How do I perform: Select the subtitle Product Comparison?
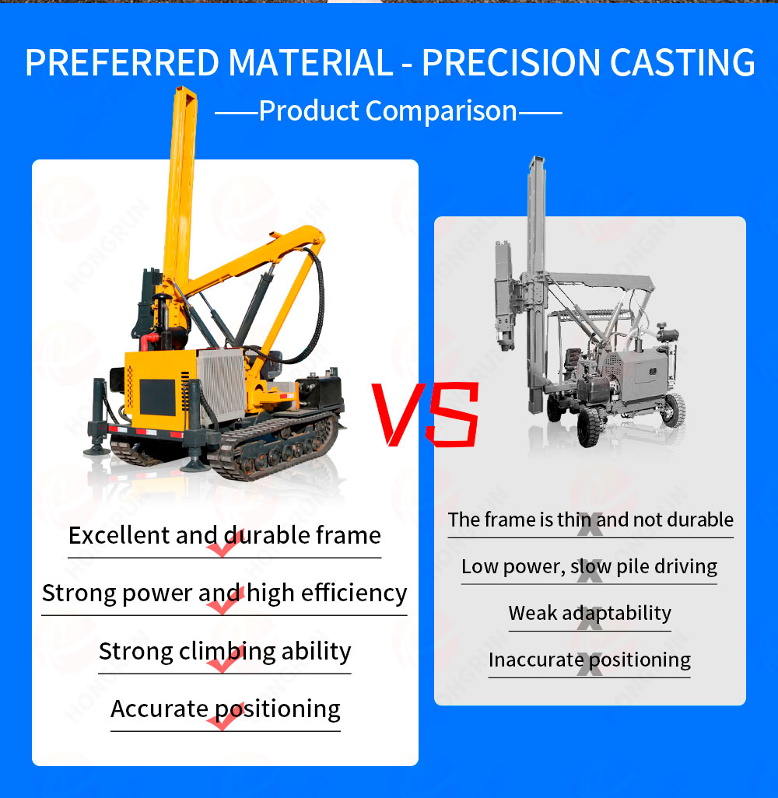387,110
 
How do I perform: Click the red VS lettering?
425,415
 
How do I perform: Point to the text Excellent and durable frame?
224,535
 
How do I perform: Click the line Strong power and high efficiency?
224,593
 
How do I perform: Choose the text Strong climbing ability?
224,650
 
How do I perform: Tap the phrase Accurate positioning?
225,709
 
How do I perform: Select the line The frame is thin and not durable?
591,519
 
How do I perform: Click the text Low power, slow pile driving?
589,566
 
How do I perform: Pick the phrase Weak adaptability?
589,613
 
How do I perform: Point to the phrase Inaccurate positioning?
589,660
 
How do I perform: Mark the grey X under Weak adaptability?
591,620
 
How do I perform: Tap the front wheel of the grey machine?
592,424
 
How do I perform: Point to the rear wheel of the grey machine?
672,409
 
